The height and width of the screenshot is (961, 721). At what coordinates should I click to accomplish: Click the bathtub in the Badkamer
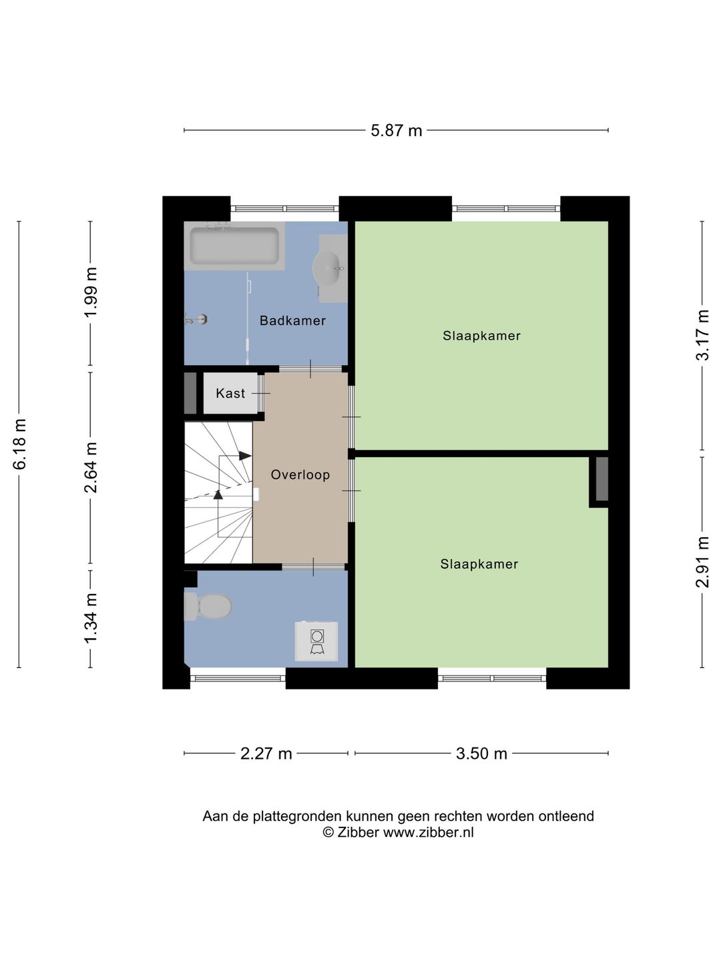click(x=234, y=246)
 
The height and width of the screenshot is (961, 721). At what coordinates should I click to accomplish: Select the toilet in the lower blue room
click(x=208, y=607)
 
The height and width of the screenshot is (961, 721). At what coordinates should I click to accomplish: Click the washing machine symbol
click(x=316, y=641)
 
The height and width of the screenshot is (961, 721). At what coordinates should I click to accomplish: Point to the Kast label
click(x=230, y=393)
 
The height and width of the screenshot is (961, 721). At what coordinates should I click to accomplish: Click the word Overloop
click(x=300, y=474)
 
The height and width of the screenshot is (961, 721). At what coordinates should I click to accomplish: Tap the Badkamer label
click(x=293, y=320)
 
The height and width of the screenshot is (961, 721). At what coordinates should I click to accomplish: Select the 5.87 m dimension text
click(x=396, y=130)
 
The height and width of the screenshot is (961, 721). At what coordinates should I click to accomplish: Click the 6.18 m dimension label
click(x=20, y=444)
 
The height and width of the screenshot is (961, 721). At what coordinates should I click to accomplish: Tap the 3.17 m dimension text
click(x=702, y=335)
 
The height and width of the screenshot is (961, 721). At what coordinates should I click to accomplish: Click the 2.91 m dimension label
click(x=702, y=562)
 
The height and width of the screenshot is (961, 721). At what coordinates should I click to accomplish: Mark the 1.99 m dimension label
click(x=91, y=292)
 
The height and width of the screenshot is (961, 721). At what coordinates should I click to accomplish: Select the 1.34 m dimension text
click(x=91, y=619)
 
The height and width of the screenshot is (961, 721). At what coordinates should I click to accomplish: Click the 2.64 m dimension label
click(x=91, y=468)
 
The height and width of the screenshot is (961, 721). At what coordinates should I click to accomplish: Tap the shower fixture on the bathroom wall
click(x=196, y=319)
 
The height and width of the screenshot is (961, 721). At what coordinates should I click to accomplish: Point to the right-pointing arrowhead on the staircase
click(x=245, y=456)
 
